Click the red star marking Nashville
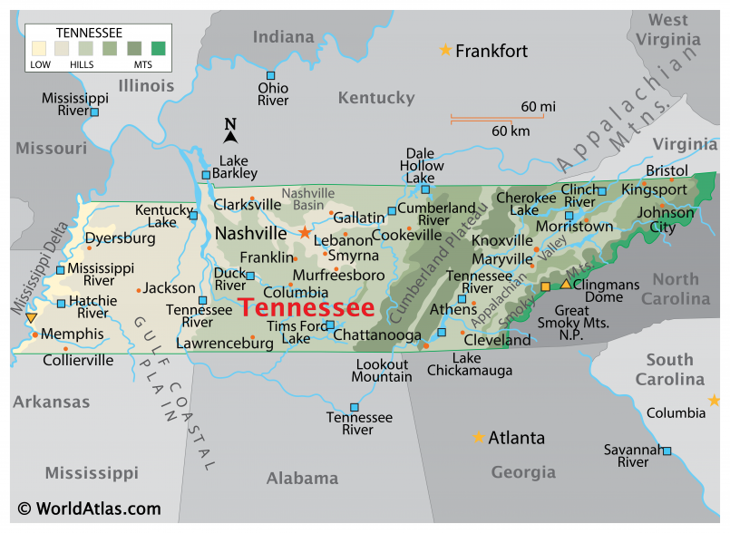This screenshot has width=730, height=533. coord(305,233)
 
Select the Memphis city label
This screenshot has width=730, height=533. coord(73,334)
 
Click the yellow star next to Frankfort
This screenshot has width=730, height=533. coord(445,50)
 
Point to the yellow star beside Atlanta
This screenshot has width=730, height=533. coord(478,437)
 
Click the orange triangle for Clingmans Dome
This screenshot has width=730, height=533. coord(566,284)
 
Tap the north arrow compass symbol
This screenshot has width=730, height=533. coord(230,131)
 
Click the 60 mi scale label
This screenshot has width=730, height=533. coord(538,107)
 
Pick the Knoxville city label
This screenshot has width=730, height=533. coord(501,240)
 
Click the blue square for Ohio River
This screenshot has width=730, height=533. coord(270,75)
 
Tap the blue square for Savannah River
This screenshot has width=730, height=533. coord(667,451)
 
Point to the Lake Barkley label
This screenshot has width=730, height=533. coord(233,167)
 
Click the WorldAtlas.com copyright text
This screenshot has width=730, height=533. coord(89,509)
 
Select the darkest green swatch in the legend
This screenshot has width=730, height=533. coord(160,48)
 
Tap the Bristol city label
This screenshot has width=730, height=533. coord(667,170)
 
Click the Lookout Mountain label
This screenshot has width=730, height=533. coord(382,370)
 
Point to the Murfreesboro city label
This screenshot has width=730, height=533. coord(338,275)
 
